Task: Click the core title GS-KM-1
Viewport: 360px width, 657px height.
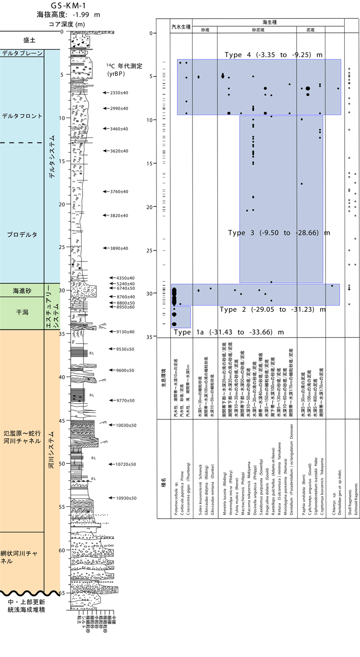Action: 68,6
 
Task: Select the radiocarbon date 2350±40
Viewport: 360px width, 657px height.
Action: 119,93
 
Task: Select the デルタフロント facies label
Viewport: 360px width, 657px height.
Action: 22,116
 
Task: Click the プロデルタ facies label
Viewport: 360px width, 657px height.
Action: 22,235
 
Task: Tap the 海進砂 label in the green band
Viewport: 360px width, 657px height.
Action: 22,290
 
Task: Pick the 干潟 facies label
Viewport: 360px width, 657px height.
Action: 22,312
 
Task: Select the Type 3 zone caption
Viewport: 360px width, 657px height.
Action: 279,233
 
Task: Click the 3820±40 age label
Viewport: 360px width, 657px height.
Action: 119,215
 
